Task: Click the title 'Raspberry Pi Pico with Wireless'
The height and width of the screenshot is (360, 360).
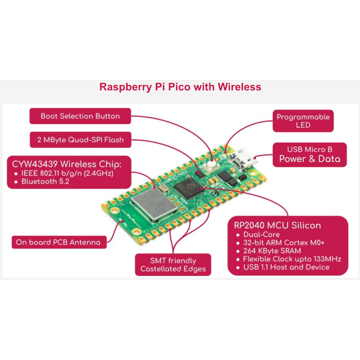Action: (x=180, y=87)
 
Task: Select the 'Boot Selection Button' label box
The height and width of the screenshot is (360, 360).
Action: (x=80, y=116)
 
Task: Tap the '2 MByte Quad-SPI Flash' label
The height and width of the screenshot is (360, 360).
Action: (x=81, y=140)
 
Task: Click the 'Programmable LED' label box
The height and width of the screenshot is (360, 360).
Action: (x=303, y=121)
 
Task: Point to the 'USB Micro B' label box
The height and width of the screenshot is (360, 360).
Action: (x=309, y=154)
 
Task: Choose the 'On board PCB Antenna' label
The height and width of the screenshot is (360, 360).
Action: (x=58, y=242)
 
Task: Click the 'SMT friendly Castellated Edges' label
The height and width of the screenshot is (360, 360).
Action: (x=173, y=265)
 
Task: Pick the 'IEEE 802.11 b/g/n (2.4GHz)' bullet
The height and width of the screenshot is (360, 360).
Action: (x=67, y=173)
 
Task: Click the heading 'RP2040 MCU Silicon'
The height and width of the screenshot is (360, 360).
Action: (x=277, y=225)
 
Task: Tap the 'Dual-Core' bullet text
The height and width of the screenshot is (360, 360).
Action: (x=262, y=234)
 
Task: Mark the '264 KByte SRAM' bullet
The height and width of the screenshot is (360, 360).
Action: (x=272, y=251)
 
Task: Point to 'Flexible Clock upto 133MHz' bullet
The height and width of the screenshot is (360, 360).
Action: (x=292, y=259)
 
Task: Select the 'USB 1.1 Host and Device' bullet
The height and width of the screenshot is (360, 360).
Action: (x=286, y=267)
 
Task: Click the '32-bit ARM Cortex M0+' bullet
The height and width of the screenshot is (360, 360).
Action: (x=283, y=243)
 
